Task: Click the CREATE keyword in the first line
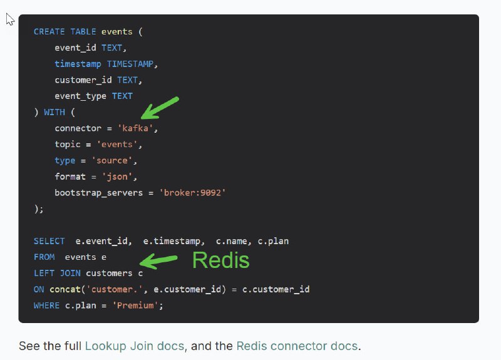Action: [49, 32]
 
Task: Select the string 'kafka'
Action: [135, 128]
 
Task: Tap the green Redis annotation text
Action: [221, 260]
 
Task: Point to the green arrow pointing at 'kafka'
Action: [160, 108]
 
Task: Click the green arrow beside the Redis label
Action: [158, 260]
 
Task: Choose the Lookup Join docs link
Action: [135, 346]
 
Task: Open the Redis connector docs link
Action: [297, 346]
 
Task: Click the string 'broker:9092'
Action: [193, 193]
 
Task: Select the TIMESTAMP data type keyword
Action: [130, 64]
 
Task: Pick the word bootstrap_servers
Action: [99, 193]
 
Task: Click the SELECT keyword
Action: [49, 241]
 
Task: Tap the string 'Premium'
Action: [135, 306]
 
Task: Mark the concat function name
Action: [65, 289]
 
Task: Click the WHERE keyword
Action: [46, 306]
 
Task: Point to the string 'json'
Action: [117, 177]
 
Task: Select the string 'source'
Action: [112, 160]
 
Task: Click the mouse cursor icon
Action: [10, 19]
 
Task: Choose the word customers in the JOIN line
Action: [109, 273]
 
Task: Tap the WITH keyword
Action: [54, 112]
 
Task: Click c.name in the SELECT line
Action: [231, 241]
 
